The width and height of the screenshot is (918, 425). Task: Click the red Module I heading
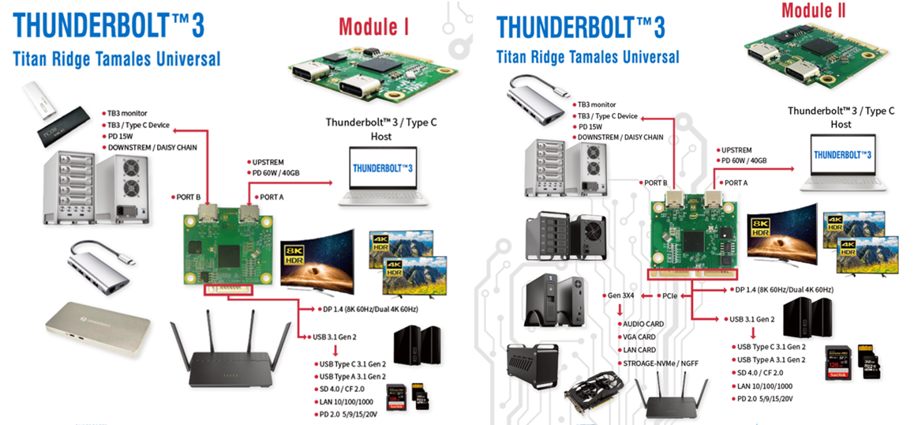(x=373, y=26)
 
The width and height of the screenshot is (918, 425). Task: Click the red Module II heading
(x=818, y=10)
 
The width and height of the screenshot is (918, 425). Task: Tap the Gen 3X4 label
(x=621, y=295)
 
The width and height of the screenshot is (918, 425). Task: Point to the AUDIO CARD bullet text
(x=644, y=324)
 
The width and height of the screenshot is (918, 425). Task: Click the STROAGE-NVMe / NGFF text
(x=661, y=363)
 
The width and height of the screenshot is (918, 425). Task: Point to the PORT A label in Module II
(x=736, y=182)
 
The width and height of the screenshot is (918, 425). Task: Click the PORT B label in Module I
(x=185, y=196)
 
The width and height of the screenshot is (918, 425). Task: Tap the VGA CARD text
(x=640, y=337)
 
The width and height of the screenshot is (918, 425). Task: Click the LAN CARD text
(x=640, y=350)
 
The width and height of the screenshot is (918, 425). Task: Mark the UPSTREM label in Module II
(x=736, y=149)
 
